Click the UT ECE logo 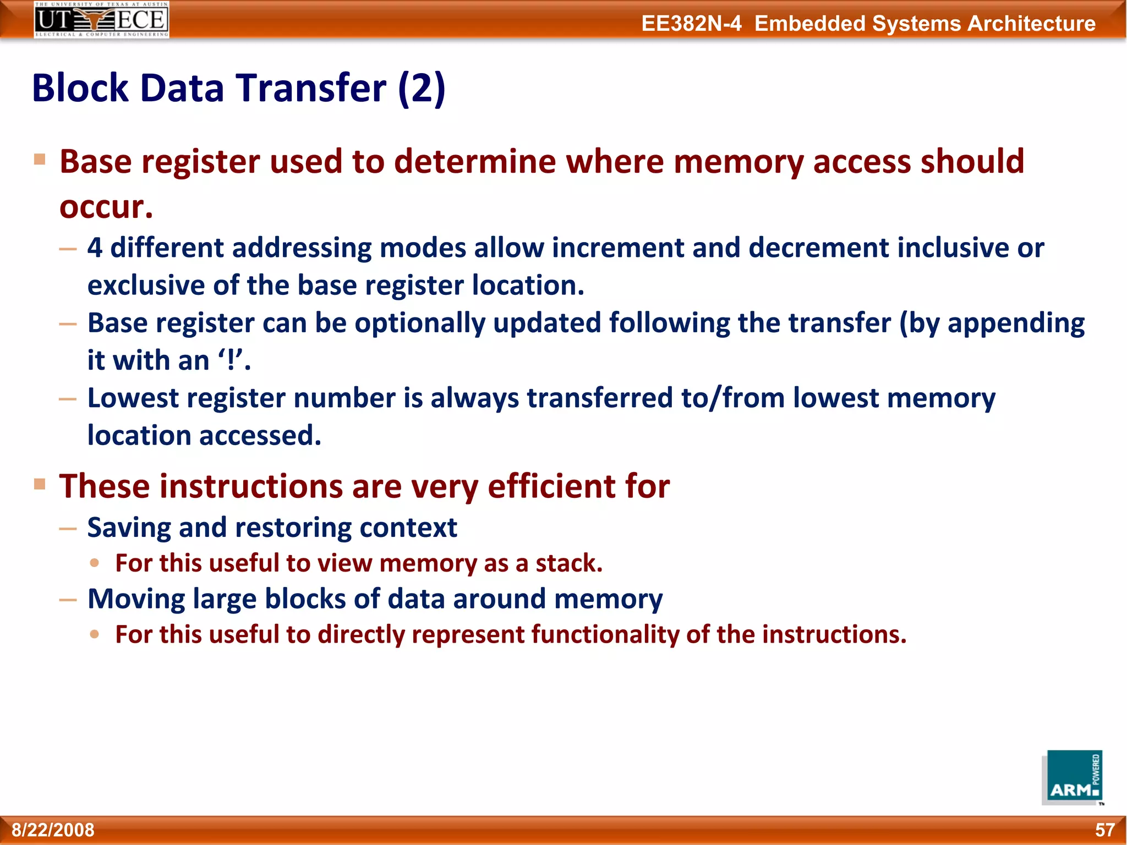[101, 20]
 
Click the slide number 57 [1104, 830]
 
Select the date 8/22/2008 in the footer [53, 830]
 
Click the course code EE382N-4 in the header [691, 24]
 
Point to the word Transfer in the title [312, 88]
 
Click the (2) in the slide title [422, 88]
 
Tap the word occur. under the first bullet [106, 207]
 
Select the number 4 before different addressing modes [95, 248]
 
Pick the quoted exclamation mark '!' [231, 360]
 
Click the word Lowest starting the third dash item [132, 398]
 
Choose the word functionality [605, 634]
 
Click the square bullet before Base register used [40, 160]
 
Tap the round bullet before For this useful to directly [95, 634]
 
